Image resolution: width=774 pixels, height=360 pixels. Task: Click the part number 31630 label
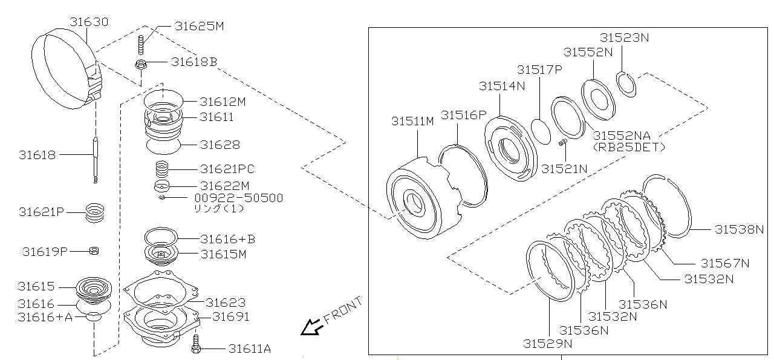tap(88, 22)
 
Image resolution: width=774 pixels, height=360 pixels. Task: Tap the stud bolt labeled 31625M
tap(141, 46)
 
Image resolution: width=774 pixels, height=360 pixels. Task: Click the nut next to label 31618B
tap(141, 63)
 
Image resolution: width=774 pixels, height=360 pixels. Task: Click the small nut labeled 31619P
tap(94, 251)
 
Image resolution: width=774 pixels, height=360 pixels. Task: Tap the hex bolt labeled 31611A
tap(195, 349)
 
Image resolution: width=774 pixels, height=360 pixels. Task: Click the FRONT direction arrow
tap(312, 327)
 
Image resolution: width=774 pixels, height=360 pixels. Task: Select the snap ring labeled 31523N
tap(626, 83)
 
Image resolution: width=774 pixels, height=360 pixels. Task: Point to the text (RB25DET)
tap(628, 147)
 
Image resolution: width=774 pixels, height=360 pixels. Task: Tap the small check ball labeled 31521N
tap(561, 143)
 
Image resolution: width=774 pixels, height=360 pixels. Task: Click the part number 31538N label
tap(739, 229)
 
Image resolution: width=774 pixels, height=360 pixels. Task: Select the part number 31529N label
tap(548, 344)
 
